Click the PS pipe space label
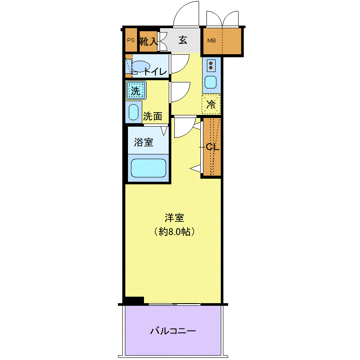[x=131, y=40]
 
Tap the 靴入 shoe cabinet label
[x=148, y=41]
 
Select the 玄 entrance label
[x=183, y=40]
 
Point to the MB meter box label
[x=212, y=41]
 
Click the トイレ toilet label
[x=155, y=72]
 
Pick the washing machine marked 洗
[x=136, y=90]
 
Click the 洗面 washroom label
[x=152, y=116]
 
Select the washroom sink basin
[x=134, y=112]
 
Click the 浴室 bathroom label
[x=144, y=142]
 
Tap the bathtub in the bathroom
[x=148, y=168]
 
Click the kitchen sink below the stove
[x=210, y=82]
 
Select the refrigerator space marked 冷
[x=211, y=104]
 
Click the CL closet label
[x=213, y=147]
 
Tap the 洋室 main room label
[x=174, y=218]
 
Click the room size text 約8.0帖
[x=174, y=232]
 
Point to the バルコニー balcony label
[x=173, y=331]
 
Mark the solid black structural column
[x=134, y=300]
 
